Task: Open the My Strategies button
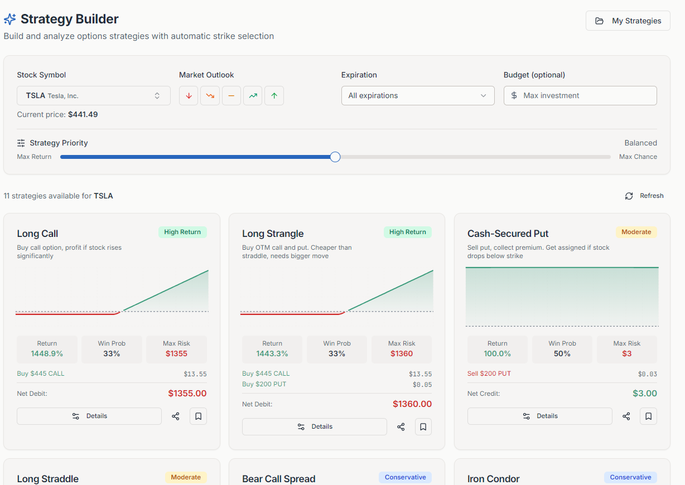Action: [x=628, y=21]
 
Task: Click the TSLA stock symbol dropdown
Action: [x=93, y=95]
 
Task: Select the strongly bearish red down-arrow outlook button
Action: [x=189, y=95]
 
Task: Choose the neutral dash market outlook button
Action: [x=231, y=95]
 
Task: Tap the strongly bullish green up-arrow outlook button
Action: [x=274, y=95]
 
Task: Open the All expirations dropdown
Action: [x=418, y=95]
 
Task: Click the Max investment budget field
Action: [x=580, y=95]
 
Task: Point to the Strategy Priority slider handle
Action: [x=335, y=157]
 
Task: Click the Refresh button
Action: [x=645, y=196]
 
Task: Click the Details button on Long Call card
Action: [x=89, y=416]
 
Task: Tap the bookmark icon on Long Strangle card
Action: [x=423, y=426]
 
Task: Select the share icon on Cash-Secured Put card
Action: [x=626, y=416]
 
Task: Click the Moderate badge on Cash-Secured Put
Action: [x=636, y=232]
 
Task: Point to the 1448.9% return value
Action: [x=47, y=353]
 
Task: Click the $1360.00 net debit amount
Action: [x=412, y=404]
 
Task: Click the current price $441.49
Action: [x=83, y=114]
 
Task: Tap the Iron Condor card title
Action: [x=493, y=479]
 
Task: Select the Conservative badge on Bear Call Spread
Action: [x=405, y=477]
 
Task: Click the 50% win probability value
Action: [x=562, y=353]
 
